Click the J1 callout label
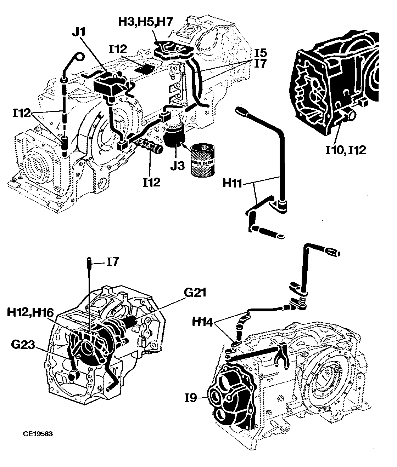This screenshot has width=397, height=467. coord(79,32)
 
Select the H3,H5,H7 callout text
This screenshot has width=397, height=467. coord(146,22)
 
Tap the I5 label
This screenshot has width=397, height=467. coord(261,53)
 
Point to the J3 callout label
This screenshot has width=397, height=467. coord(178,165)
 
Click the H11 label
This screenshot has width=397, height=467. coord(232,183)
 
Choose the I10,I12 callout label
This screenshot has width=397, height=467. coord(346,150)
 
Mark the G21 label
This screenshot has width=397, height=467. coord(195,293)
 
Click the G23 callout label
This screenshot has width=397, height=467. coord(23,345)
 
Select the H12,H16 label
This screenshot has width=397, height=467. coord(30,313)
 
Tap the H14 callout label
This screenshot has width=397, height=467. coord(202,322)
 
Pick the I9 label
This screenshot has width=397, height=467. coord(191,398)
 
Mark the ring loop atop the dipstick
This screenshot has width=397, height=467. coord(79,57)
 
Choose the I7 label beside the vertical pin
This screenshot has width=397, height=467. coord(113,262)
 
